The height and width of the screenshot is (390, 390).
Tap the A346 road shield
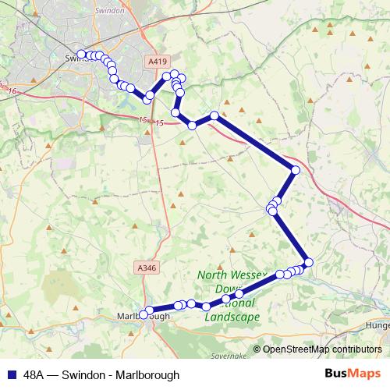(x=146, y=268)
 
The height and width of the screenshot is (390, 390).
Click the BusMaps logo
(x=352, y=374)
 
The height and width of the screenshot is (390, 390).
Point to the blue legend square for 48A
(x=11, y=374)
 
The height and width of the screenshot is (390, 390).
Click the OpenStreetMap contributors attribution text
(x=321, y=349)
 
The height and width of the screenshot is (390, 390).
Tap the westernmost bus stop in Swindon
(x=81, y=54)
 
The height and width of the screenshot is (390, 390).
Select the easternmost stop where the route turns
(x=295, y=171)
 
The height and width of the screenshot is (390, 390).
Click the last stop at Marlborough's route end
(x=144, y=314)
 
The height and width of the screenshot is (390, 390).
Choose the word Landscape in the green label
(x=232, y=317)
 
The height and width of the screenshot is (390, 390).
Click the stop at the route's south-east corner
(x=307, y=262)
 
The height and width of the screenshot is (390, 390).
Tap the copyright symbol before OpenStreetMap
(x=257, y=349)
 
